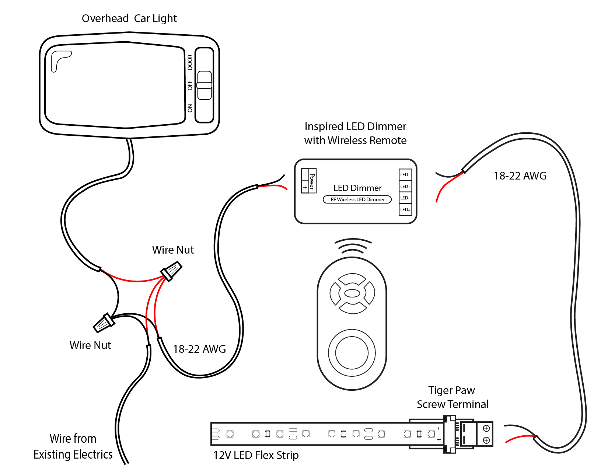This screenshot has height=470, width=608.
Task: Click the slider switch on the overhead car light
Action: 205,85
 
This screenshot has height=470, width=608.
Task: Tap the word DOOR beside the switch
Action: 190,62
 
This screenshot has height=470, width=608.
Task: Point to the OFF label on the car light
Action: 190,85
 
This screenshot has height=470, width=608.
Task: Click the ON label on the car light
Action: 190,108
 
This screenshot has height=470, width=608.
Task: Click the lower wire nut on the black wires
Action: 104,323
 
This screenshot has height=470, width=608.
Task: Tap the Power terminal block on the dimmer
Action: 309,181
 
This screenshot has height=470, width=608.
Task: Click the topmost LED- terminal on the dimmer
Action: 405,175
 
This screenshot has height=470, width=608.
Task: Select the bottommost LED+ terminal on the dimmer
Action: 405,209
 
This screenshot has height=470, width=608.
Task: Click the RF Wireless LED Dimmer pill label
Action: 357,199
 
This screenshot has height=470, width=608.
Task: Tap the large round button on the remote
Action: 352,352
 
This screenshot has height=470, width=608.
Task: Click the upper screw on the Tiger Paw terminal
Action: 486,428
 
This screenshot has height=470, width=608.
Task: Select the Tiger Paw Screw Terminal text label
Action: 452,397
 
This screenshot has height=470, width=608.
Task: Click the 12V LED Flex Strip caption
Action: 256,455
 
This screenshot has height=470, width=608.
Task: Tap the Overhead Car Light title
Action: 129,18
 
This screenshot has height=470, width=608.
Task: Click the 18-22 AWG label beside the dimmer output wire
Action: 520,176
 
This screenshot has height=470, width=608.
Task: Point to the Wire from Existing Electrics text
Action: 73,446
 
